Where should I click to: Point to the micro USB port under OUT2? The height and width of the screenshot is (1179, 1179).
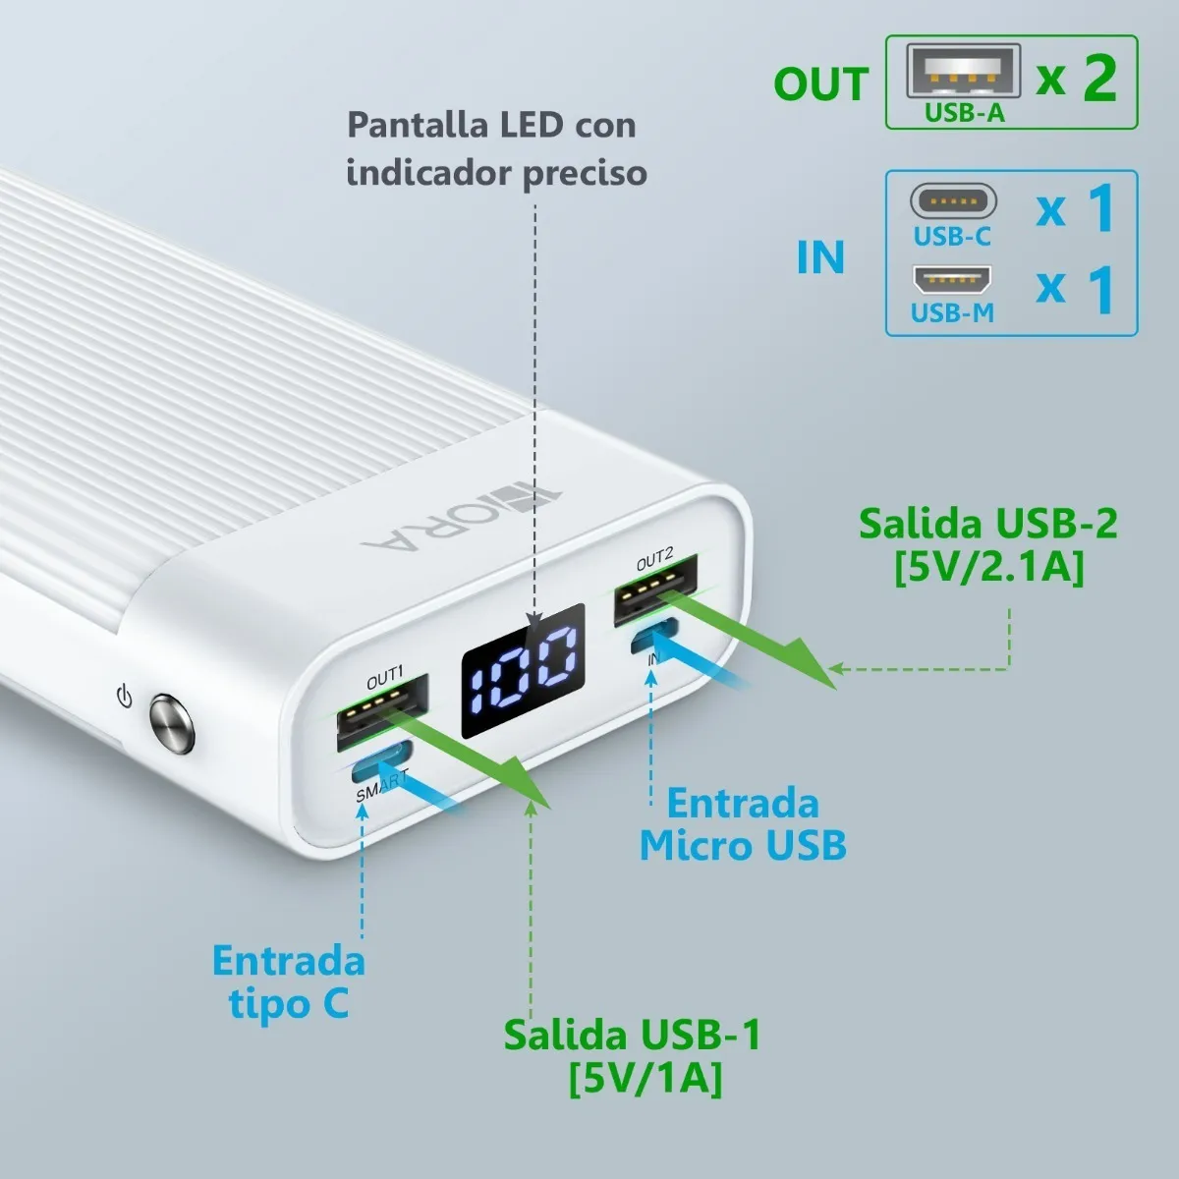pos(654,637)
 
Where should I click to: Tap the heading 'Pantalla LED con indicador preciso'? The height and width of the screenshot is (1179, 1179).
pos(495,148)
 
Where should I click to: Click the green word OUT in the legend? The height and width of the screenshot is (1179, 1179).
pos(820,84)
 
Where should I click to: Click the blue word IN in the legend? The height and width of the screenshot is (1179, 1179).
pos(820,257)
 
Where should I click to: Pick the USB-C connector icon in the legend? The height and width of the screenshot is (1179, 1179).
pos(952,201)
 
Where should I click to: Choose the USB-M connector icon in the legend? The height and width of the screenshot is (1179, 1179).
pos(952,281)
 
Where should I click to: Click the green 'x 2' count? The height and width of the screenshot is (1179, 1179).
pos(1077,78)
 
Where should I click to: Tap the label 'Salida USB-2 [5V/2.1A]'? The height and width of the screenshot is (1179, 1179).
pos(987,545)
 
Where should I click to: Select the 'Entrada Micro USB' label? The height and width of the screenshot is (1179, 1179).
pos(743,824)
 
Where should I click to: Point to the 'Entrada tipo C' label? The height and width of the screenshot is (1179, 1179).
pos(289,981)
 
